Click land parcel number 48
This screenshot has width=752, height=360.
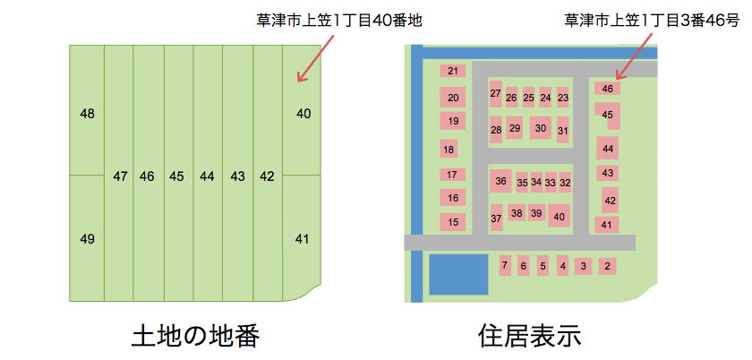(x=87, y=114)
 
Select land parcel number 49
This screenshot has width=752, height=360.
(x=87, y=239)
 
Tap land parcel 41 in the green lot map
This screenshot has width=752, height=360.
(x=302, y=239)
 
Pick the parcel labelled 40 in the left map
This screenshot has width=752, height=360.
(x=303, y=114)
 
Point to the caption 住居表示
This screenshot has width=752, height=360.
(x=529, y=336)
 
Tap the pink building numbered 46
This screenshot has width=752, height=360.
(x=607, y=89)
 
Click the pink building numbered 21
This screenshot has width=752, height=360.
(x=453, y=71)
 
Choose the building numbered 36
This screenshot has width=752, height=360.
(x=500, y=181)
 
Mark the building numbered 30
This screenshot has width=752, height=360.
(x=540, y=128)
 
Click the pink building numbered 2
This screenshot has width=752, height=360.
(x=607, y=266)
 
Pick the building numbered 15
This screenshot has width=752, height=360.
(x=453, y=221)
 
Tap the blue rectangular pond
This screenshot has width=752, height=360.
(x=458, y=275)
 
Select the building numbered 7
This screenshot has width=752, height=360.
(x=505, y=265)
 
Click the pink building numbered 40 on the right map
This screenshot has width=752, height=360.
(x=560, y=215)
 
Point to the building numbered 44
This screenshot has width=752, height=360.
(x=608, y=148)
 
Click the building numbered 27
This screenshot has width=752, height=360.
(x=495, y=93)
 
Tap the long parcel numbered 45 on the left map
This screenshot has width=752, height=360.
(x=177, y=176)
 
